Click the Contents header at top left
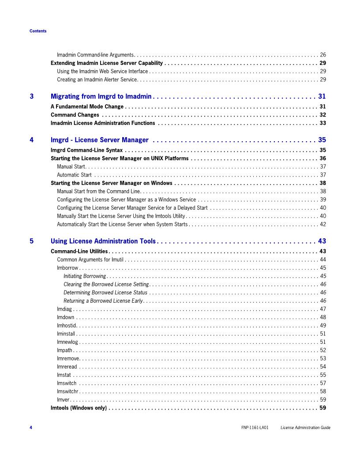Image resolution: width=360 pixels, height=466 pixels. pos(38,31)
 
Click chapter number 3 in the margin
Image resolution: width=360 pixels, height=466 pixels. pos(32,96)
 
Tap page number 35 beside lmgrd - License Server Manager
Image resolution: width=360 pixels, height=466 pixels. pos(322,140)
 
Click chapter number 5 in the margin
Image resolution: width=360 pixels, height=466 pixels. pos(32,241)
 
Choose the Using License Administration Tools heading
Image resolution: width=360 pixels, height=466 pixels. pos(103,241)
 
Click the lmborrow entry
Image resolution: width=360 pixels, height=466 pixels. pos(67,268)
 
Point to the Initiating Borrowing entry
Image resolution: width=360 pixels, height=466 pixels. pos(85,276)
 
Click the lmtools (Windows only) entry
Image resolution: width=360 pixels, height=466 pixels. pos(79,408)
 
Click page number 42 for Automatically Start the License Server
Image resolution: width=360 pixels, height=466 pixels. pos(323,224)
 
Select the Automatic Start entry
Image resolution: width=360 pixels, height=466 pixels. pos(74,175)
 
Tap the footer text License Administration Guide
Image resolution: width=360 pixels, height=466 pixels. pos(305,428)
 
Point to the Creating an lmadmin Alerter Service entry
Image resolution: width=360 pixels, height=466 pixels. pos(97,79)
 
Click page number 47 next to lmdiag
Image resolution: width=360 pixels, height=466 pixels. pos(323,309)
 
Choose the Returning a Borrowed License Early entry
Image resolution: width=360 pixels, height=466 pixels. pos(103,301)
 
